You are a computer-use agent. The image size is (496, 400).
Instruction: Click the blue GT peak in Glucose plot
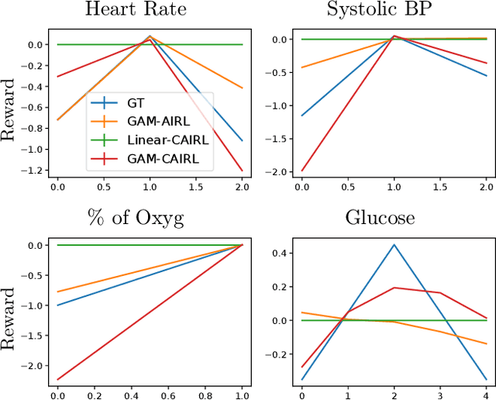(x=394, y=245)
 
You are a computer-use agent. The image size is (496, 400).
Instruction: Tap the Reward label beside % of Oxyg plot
(x=9, y=318)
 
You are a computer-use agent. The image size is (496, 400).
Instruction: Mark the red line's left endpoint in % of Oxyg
(x=57, y=380)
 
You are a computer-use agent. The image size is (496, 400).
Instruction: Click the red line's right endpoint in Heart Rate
(x=243, y=171)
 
